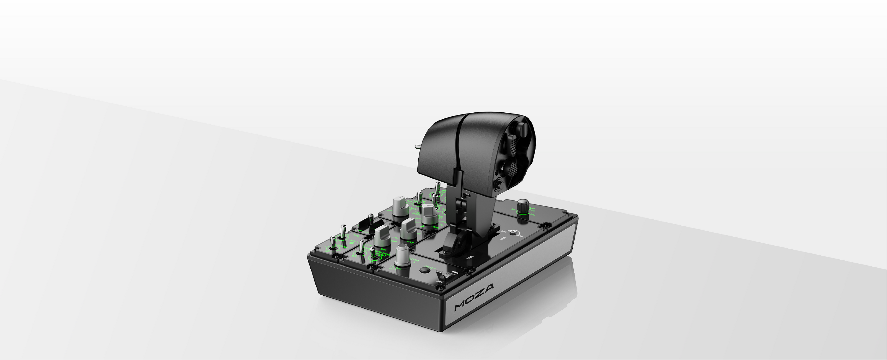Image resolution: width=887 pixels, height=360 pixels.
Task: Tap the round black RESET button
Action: click(425, 270)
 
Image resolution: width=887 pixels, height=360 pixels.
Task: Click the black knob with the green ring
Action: click(523, 205)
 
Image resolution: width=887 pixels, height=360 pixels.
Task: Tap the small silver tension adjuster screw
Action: click(513, 233)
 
